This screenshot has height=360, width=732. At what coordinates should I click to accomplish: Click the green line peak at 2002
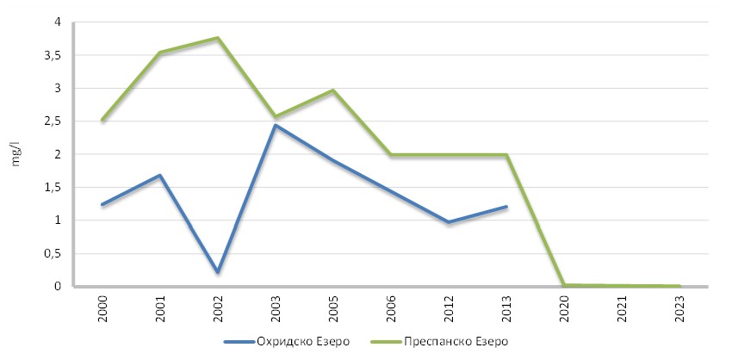(218, 38)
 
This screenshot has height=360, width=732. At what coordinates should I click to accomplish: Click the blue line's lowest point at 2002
(218, 272)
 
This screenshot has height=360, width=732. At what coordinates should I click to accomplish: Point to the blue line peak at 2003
(276, 126)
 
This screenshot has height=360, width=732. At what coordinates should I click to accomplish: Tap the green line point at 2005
(333, 90)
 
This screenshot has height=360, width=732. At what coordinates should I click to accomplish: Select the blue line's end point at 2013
(506, 207)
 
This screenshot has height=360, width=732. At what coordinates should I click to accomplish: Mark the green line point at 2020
(564, 285)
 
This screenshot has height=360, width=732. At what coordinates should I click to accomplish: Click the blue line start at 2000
(102, 205)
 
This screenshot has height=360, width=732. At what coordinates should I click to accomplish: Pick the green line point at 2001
(160, 53)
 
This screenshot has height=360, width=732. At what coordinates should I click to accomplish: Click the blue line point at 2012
(449, 222)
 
